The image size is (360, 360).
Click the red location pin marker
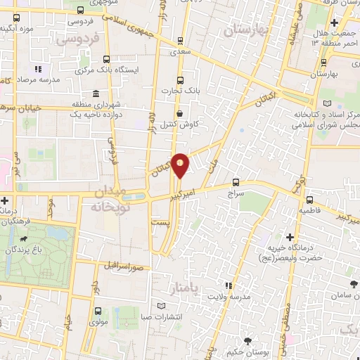(180, 165)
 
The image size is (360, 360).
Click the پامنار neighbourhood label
(185, 289)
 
